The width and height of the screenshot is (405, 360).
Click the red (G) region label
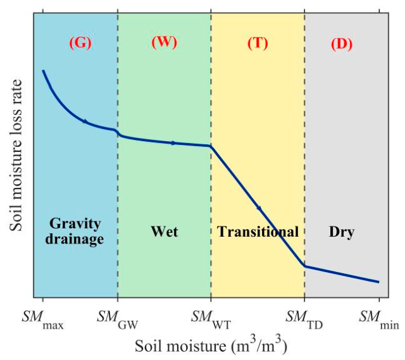[x=80, y=43]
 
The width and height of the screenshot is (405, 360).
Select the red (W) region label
[x=165, y=42]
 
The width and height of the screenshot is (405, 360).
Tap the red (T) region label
[x=258, y=43]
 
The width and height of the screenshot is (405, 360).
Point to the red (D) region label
[x=342, y=44]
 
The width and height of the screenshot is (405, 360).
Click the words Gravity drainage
[x=75, y=231]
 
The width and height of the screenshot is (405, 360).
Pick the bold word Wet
[x=165, y=232]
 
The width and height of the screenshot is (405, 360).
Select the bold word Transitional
[x=258, y=232]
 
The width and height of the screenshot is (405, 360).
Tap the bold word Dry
[x=342, y=232]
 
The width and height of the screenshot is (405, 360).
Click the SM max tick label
[x=42, y=320]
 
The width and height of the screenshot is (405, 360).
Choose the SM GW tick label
[x=118, y=320]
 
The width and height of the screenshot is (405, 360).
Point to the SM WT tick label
[x=211, y=320]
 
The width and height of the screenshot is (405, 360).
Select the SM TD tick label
[x=304, y=320]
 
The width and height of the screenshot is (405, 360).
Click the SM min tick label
[x=379, y=320]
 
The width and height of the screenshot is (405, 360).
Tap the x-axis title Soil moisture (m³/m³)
[x=211, y=346]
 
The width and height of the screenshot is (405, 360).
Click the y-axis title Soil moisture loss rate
[x=16, y=155]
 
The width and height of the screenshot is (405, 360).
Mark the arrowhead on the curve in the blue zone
[x=85, y=121]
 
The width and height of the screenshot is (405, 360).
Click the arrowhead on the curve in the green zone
[x=173, y=143]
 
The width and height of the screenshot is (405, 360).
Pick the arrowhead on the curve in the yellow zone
[x=259, y=208]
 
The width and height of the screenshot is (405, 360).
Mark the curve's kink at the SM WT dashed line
[x=211, y=146]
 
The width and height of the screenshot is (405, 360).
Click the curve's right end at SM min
[x=378, y=282]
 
